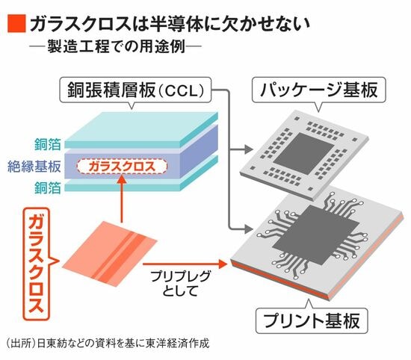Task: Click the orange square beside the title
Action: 16,24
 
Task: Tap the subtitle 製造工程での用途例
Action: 117,46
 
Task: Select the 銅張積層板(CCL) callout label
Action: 135,90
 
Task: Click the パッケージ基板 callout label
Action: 319,90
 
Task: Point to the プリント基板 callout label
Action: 312,321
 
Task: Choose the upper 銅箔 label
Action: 48,144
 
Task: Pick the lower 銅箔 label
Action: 48,187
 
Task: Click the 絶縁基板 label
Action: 34,167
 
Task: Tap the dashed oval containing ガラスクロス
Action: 122,167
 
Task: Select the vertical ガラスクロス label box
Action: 36,264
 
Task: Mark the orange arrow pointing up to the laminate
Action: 122,199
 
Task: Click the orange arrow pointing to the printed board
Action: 185,264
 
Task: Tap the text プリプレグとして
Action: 180,284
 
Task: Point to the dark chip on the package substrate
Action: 303,154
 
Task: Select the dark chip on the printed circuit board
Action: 315,235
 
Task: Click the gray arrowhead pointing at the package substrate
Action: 249,149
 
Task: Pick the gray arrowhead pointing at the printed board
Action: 249,229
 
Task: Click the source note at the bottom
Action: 108,344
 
